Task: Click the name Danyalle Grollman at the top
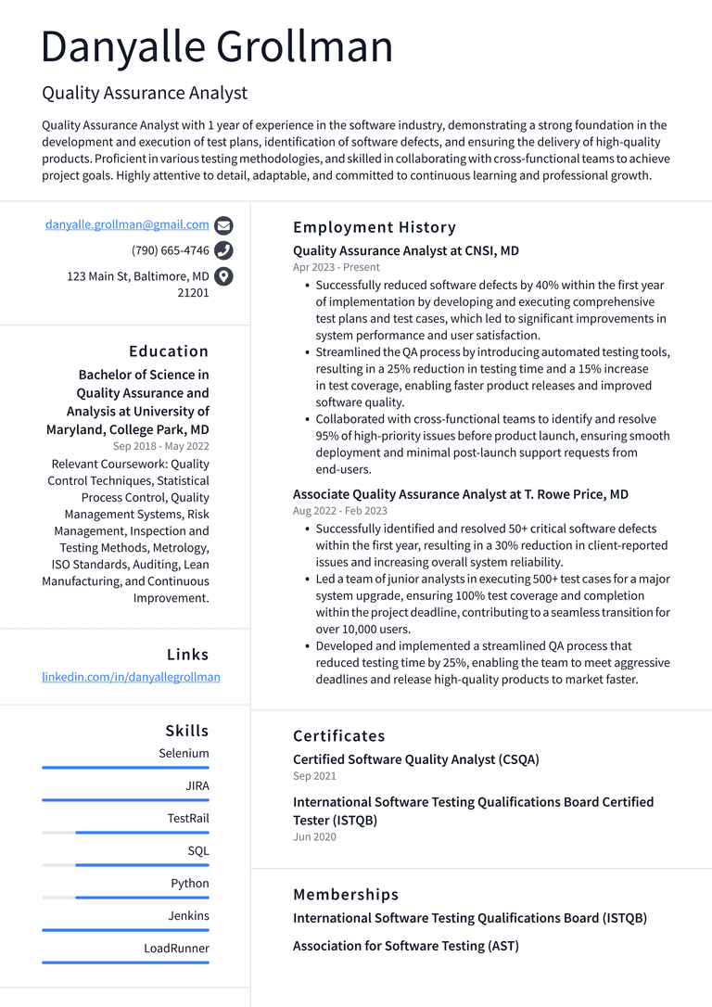pos(217,46)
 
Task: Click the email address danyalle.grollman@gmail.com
pos(127,224)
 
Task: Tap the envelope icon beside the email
pos(223,225)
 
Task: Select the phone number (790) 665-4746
pos(171,250)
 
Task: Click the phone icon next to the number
pos(223,250)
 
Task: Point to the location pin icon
pos(223,276)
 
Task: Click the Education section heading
pos(169,351)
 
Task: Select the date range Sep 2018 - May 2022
pos(161,446)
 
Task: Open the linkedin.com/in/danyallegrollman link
pos(131,677)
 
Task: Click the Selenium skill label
pos(184,753)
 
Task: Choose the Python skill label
pos(189,883)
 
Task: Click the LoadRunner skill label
pos(176,948)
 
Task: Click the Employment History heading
pos(375,227)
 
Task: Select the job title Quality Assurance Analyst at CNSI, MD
pos(405,250)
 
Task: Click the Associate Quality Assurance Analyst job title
pos(460,494)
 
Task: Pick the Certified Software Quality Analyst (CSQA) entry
pos(415,759)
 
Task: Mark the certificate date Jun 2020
pos(314,836)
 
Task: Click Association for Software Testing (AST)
pos(405,946)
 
